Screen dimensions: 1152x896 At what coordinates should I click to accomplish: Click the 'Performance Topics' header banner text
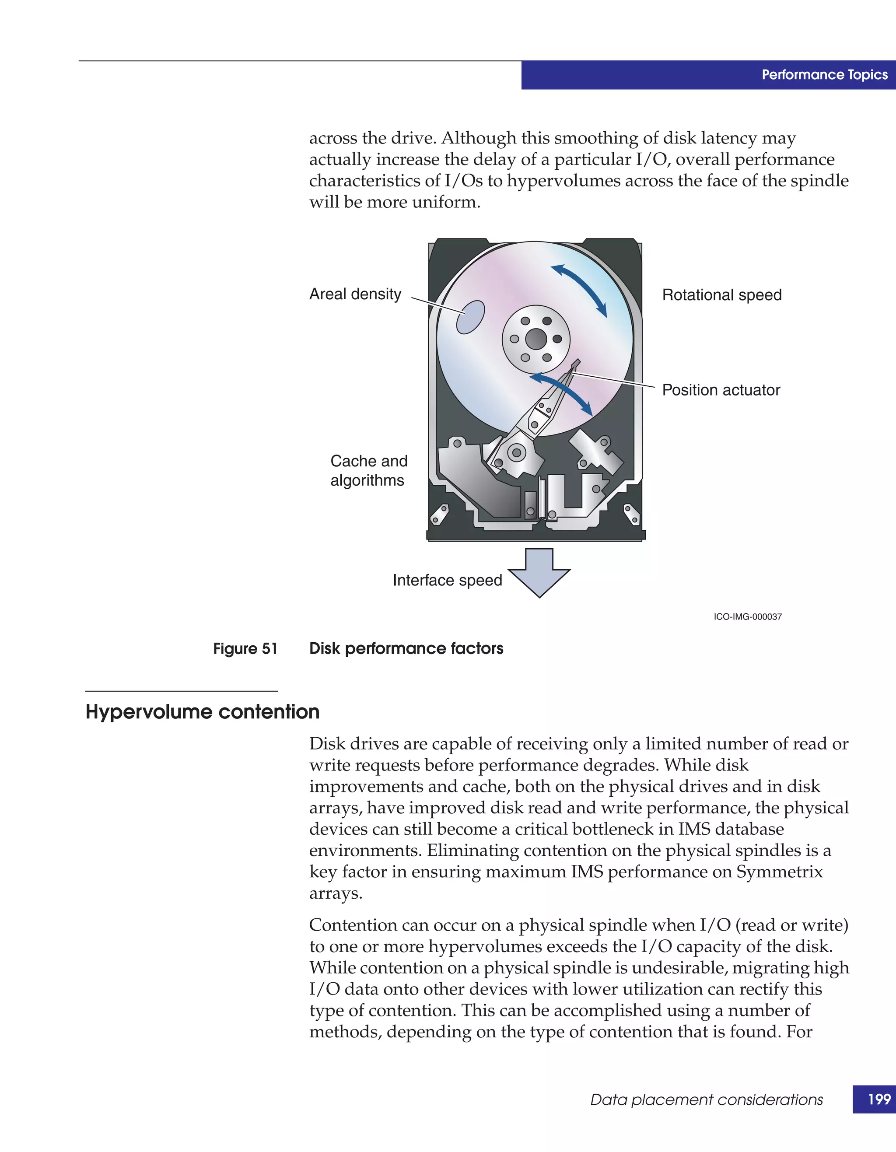pos(824,75)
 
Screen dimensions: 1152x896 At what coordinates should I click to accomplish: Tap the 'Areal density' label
pos(355,294)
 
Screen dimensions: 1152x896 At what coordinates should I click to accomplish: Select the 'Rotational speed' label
pos(721,295)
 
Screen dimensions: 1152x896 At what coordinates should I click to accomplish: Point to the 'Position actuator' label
pos(721,390)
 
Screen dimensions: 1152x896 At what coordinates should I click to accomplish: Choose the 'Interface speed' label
pos(447,580)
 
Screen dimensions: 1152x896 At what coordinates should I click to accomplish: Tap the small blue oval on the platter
pos(470,317)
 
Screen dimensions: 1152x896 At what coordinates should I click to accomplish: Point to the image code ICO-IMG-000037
pos(747,616)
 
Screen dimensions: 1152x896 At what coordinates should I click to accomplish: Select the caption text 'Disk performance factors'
pos(406,649)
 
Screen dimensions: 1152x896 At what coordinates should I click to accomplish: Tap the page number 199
pos(878,1099)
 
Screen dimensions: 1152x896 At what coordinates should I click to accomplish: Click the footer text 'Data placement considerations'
pos(706,1100)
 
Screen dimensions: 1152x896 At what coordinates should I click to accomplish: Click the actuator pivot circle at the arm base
pos(516,452)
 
